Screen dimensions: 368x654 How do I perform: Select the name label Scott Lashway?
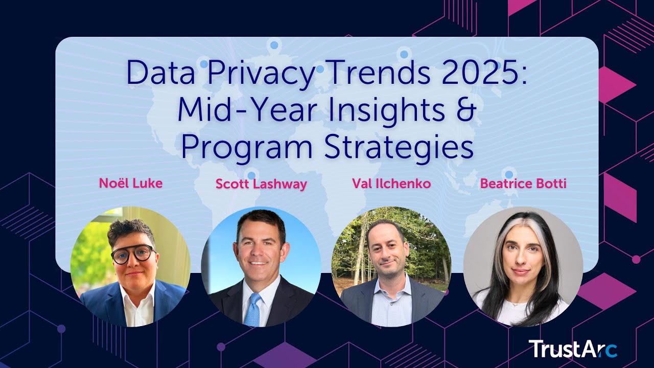coord(261,184)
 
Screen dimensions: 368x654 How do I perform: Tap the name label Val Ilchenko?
coord(391,183)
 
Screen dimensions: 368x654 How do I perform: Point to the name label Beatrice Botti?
coord(523,183)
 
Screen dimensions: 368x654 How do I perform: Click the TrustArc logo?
coord(573,349)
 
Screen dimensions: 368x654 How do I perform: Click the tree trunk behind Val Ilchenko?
coord(362,245)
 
